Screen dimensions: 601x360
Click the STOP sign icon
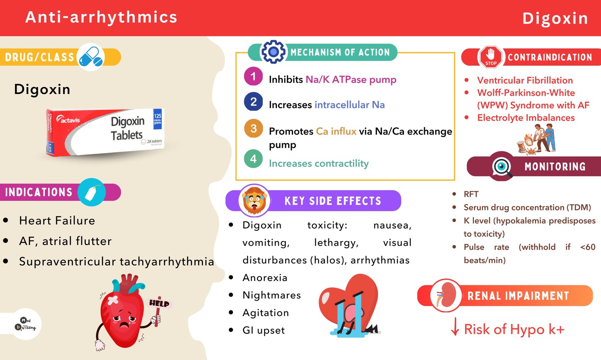pos(491,57)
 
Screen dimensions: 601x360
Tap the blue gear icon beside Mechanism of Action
pos(273,52)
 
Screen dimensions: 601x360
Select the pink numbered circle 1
pos(253,77)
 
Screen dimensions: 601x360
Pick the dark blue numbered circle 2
pos(253,102)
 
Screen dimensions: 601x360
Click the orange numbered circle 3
pos(253,128)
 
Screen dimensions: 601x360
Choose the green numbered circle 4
pos(253,159)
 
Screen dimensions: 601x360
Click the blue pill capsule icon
pos(91,57)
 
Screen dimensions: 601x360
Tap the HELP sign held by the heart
pos(159,303)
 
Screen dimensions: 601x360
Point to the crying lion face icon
pos(254,201)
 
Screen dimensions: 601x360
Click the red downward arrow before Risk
pos(455,327)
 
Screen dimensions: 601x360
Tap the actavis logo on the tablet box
pos(68,119)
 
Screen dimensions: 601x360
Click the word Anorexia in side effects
pos(265,278)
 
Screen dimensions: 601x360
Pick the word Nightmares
pos(272,295)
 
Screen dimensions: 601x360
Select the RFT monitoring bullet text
pos(471,194)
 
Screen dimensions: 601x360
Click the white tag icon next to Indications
pos(92,192)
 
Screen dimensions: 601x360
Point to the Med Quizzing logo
pos(26,324)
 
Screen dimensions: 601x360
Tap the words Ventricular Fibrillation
pos(525,80)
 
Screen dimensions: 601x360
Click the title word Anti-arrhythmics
pos(101,17)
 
